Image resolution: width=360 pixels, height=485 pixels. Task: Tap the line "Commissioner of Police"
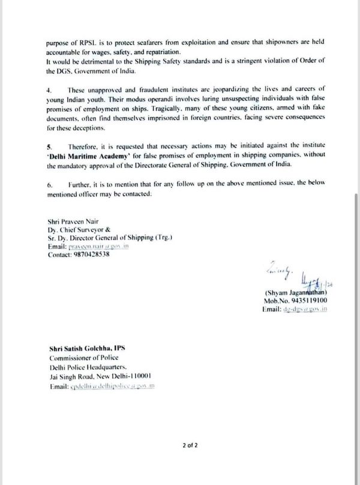[x=79, y=359]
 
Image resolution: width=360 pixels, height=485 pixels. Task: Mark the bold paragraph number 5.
[x=49, y=146]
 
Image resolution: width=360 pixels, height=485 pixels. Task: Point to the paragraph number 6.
[x=49, y=186]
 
